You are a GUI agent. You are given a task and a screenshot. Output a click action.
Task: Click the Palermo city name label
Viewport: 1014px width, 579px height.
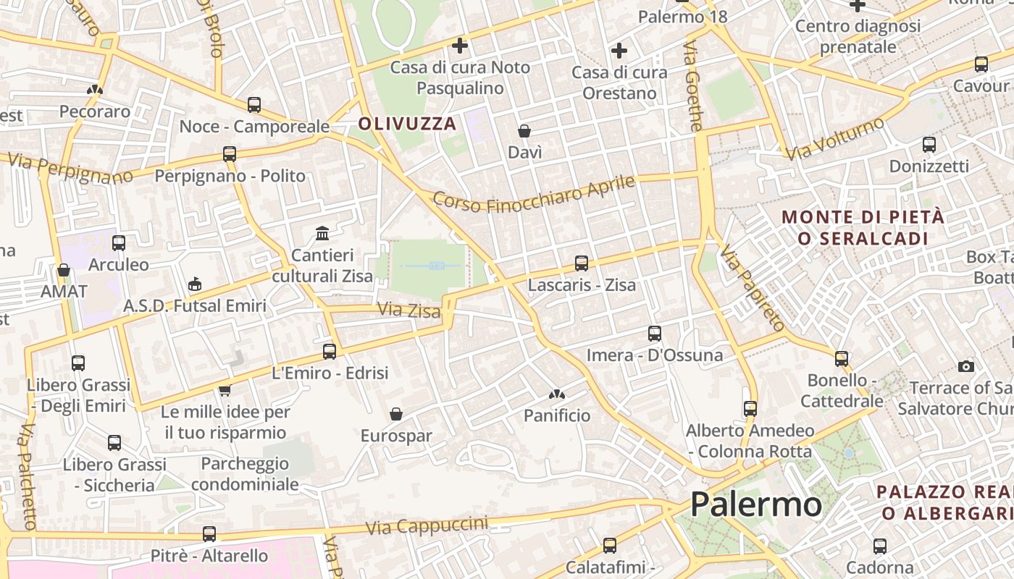(x=755, y=504)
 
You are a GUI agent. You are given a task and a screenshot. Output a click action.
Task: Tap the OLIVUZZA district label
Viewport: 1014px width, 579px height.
(x=407, y=124)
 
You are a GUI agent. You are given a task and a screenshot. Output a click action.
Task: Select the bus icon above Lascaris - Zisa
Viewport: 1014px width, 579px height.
(x=581, y=263)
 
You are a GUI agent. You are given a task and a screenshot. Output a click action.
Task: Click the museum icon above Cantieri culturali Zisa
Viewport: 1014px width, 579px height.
(x=322, y=234)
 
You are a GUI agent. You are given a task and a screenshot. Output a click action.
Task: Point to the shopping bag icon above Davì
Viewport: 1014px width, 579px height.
(x=524, y=131)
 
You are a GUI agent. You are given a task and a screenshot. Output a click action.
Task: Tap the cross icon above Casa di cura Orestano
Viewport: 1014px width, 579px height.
(x=619, y=51)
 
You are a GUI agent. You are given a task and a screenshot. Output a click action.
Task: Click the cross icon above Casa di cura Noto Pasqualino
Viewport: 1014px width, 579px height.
(x=459, y=46)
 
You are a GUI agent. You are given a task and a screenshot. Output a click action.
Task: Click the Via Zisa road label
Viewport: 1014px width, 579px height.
(x=408, y=310)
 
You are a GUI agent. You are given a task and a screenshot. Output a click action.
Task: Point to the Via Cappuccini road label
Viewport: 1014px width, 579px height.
(x=427, y=526)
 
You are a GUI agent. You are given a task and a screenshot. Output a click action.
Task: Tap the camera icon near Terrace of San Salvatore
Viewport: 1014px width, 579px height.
(x=965, y=366)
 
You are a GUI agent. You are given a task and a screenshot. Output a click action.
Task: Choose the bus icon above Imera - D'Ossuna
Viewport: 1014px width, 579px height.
(x=654, y=334)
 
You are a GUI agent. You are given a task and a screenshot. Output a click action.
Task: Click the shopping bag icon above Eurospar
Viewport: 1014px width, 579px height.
(x=396, y=414)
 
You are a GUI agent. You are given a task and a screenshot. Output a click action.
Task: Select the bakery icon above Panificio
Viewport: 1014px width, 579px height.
(x=556, y=394)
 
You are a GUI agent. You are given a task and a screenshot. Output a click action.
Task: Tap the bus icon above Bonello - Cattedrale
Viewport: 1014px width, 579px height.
(x=841, y=358)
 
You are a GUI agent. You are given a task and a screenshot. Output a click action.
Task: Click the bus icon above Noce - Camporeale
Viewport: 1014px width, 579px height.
(x=253, y=105)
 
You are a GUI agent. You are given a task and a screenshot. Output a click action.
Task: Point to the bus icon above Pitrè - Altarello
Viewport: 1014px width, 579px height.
(x=209, y=534)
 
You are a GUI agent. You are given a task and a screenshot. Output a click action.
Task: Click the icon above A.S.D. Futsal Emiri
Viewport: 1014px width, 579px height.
(x=194, y=284)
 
